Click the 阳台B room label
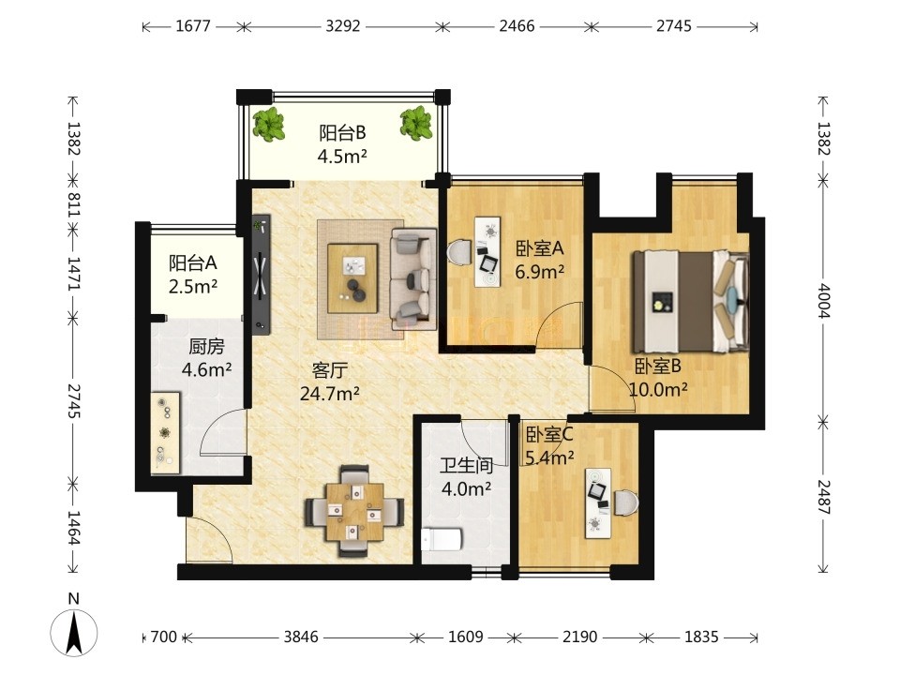coord(343,133)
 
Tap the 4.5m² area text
coord(343,157)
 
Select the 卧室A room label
coord(540,248)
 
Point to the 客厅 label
coord(329,370)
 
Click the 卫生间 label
coord(467,465)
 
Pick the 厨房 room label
coord(206,347)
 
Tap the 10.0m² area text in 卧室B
coord(658,390)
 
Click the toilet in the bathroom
coord(442,540)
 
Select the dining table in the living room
coord(354,512)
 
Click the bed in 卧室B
coord(691,302)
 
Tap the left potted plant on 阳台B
coord(268,124)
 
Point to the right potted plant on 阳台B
coord(416,124)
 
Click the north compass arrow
coord(74,632)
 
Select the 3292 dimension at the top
coord(343,26)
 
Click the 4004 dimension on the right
coord(824,301)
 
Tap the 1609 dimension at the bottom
coord(466,637)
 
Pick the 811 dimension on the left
coord(73,204)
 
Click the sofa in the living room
coord(412,275)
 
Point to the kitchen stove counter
coord(165,433)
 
